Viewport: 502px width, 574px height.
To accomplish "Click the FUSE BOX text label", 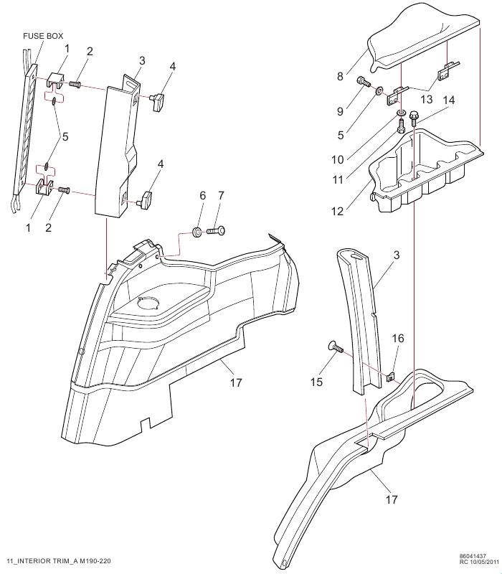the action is click(43, 36).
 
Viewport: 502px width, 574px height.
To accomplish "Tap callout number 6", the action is click(203, 195).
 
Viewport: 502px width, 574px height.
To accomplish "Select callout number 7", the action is click(221, 195).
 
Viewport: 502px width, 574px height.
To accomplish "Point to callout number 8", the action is click(340, 77).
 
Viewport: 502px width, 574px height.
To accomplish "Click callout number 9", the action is click(340, 111).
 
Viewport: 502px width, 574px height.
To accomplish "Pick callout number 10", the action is click(338, 159).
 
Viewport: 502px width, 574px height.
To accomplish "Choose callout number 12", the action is click(337, 211).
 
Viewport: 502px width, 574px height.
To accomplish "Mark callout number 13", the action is click(427, 99).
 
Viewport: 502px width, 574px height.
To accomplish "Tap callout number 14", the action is click(449, 100).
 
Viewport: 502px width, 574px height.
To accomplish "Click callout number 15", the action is click(316, 382).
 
